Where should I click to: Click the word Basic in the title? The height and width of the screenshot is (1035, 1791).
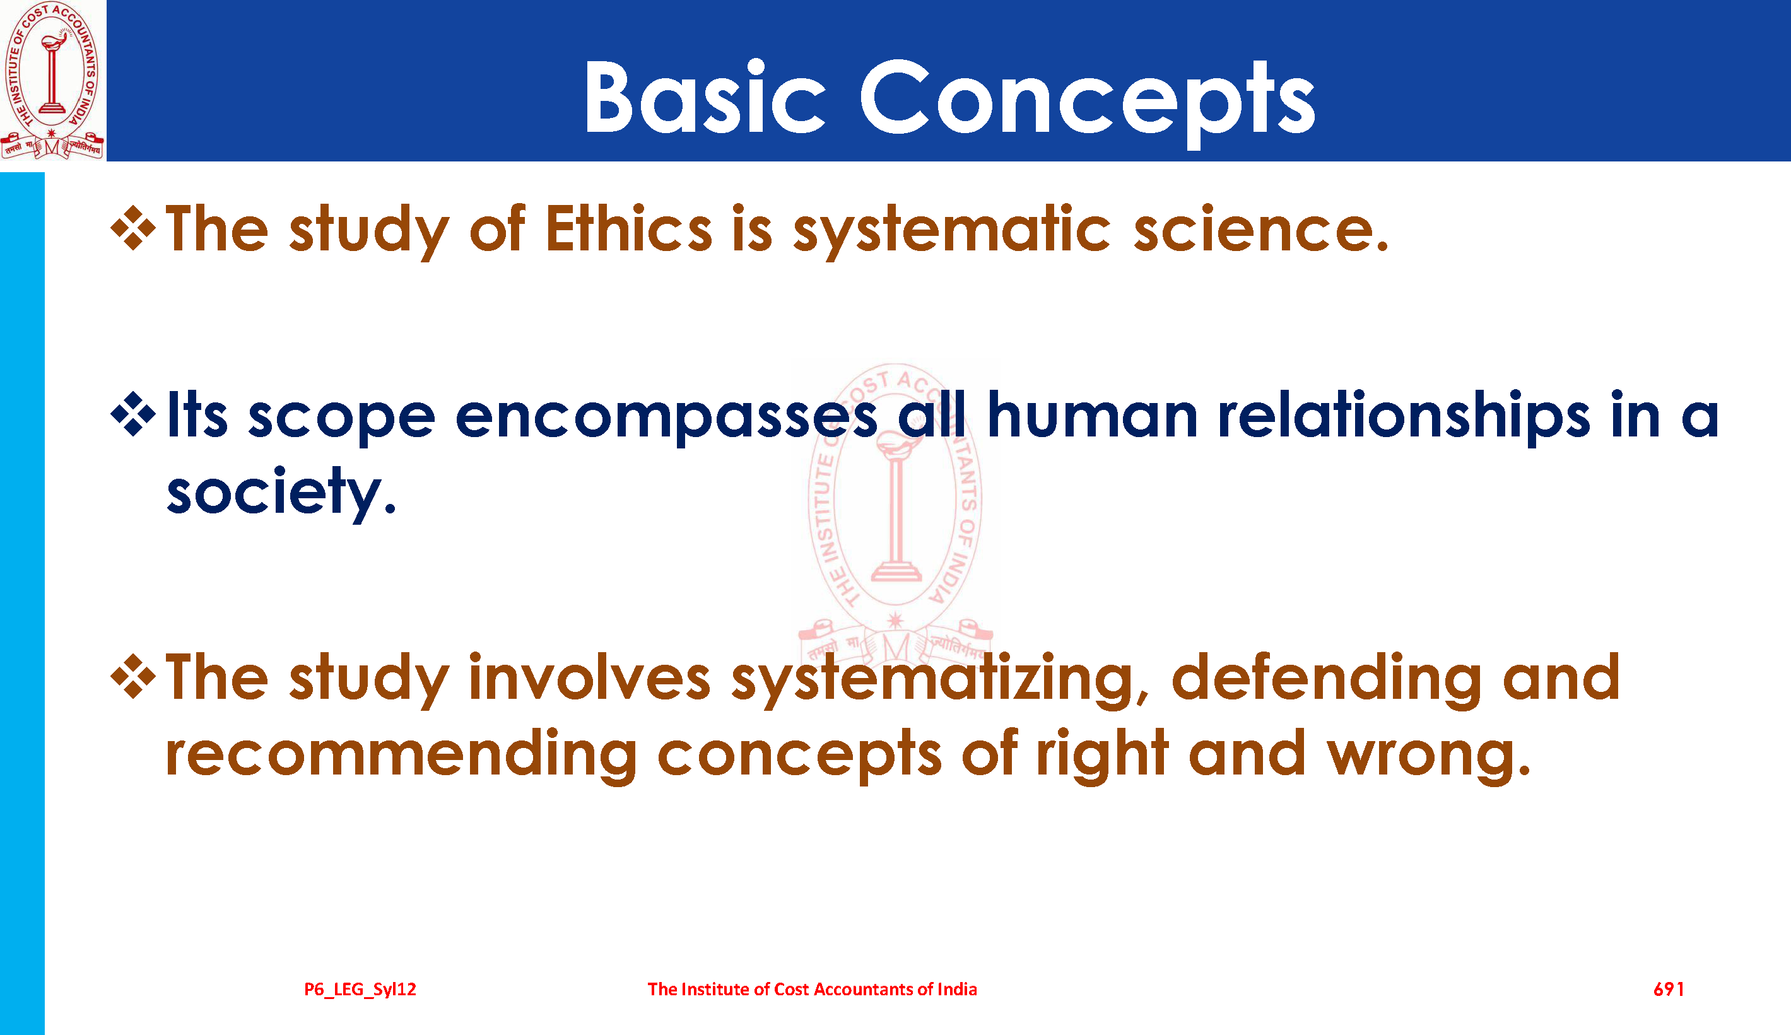click(704, 96)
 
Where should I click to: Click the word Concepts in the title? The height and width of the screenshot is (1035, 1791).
click(1088, 102)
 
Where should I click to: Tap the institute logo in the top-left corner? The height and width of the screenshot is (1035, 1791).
click(52, 79)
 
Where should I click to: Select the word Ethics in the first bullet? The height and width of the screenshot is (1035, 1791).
click(628, 229)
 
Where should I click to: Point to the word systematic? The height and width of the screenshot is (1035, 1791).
click(951, 232)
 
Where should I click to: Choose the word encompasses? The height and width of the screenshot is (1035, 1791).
click(666, 419)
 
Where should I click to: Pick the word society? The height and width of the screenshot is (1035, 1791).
click(281, 494)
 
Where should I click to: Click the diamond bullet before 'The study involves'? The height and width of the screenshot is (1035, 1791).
click(133, 676)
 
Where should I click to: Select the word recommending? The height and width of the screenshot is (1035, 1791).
click(401, 756)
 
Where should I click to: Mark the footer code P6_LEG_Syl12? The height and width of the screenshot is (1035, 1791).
click(360, 990)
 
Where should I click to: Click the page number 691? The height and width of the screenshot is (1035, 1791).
click(1669, 989)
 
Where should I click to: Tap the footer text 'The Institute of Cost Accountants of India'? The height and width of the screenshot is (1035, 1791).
click(812, 989)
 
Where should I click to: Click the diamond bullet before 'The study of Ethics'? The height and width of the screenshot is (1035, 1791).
click(133, 228)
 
